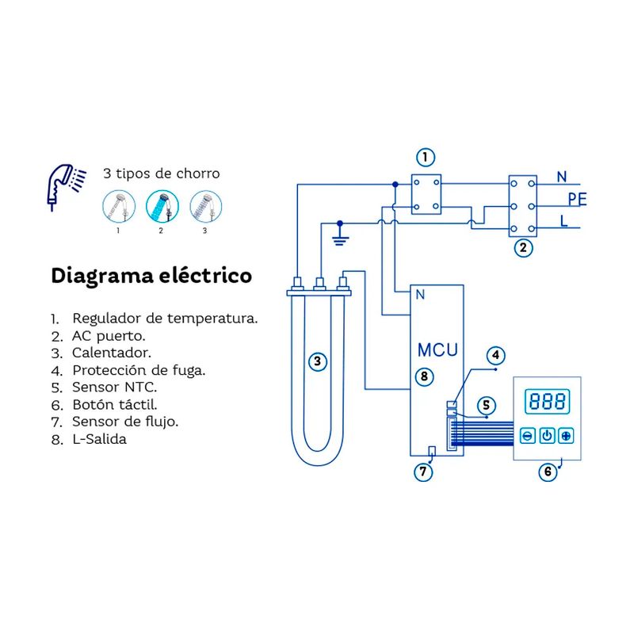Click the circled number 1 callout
[426, 157]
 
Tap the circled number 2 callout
[522, 247]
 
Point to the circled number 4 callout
[494, 356]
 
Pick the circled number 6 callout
[547, 472]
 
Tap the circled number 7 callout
[423, 472]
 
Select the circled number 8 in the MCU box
[424, 376]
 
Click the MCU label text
[437, 349]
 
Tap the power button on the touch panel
[547, 436]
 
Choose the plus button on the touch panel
[566, 436]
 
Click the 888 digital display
[547, 401]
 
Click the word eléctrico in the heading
[203, 276]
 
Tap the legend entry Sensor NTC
[115, 388]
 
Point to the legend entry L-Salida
[99, 438]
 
